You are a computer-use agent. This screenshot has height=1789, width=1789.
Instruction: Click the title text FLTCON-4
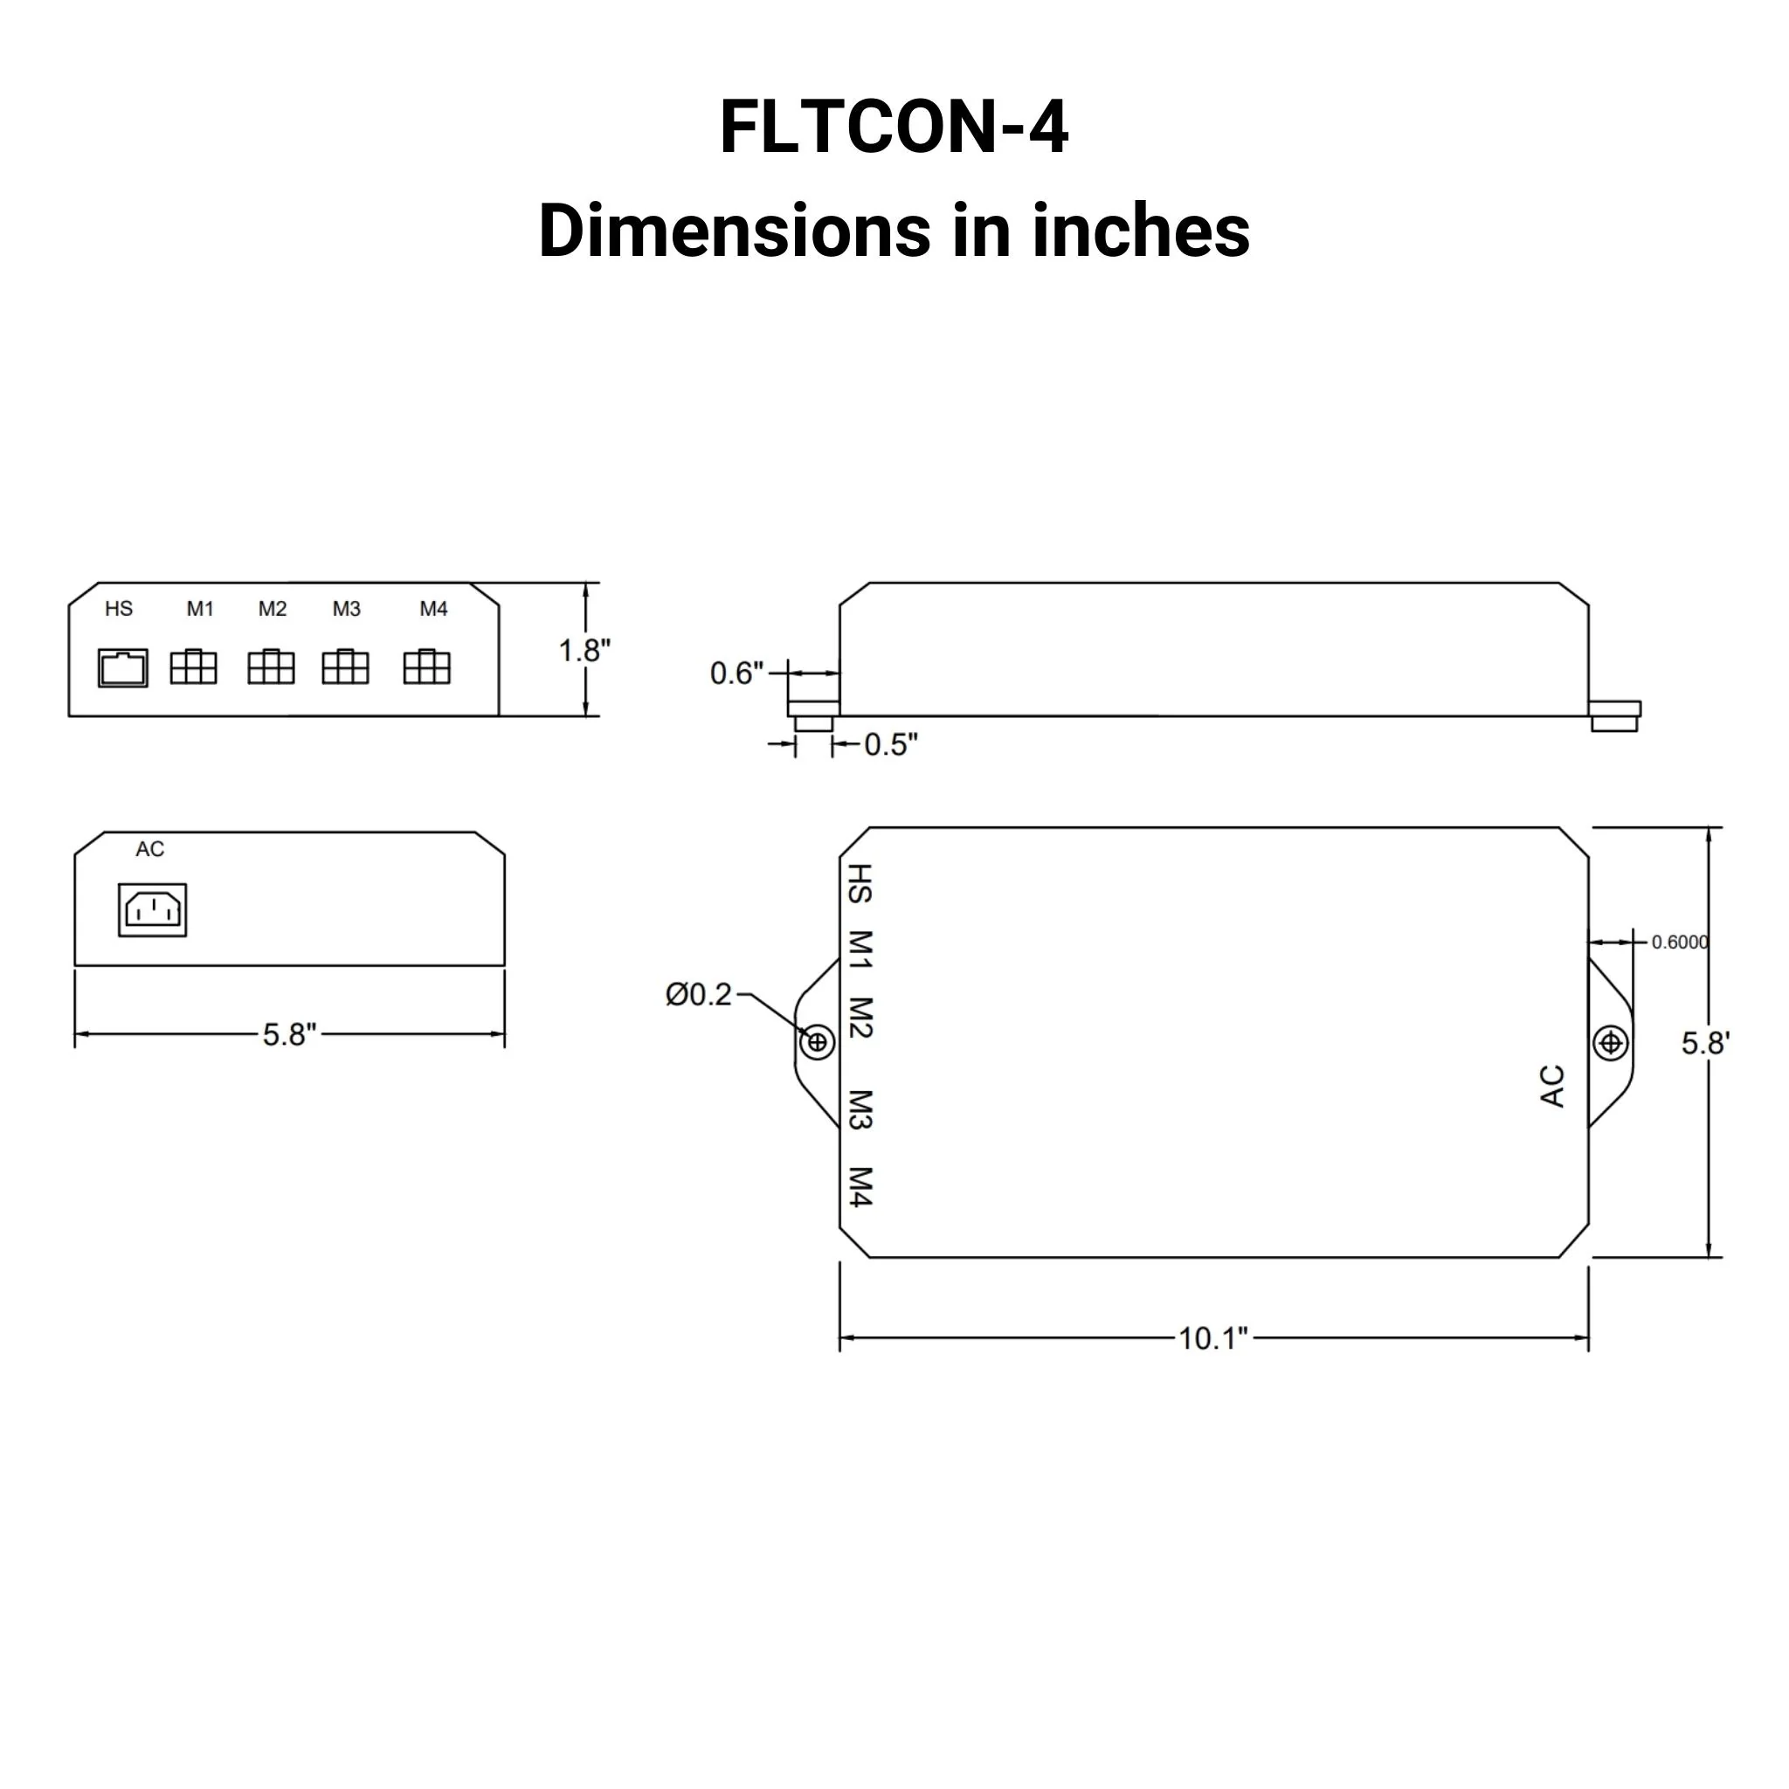pos(894,127)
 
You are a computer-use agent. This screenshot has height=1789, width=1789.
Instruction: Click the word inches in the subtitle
pos(1141,231)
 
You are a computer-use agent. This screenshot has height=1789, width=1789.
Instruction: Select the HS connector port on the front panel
pos(123,667)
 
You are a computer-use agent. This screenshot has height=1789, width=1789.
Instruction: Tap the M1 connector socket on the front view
pos(194,667)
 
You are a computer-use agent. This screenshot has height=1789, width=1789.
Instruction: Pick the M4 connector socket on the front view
pos(427,667)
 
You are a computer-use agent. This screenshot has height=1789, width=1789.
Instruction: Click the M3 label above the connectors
pos(346,608)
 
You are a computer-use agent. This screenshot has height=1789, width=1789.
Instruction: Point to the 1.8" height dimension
pos(584,651)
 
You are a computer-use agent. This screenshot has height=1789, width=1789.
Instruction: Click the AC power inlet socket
pos(153,909)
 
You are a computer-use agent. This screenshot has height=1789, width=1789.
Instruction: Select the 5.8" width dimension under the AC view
pos(289,1034)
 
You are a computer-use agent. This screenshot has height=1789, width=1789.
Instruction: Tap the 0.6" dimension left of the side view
pos(736,673)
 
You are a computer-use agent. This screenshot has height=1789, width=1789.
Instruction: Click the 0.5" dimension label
pos(891,744)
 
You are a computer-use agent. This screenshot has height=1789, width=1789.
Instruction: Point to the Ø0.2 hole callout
pos(699,994)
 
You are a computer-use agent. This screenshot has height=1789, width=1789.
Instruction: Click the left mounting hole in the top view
pos(817,1043)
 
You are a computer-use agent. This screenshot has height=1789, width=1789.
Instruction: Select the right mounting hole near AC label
pos(1610,1044)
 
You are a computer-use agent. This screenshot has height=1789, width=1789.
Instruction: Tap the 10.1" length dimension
pos(1213,1338)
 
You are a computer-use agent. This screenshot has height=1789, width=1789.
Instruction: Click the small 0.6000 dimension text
pos(1679,942)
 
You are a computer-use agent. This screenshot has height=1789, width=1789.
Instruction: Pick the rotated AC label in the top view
pos(1553,1086)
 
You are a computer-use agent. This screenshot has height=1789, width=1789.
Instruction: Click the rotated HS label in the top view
pos(860,883)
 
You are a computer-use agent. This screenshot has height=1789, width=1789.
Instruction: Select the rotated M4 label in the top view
pos(860,1187)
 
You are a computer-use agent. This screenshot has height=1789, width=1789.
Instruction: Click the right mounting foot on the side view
pos(1614,715)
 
